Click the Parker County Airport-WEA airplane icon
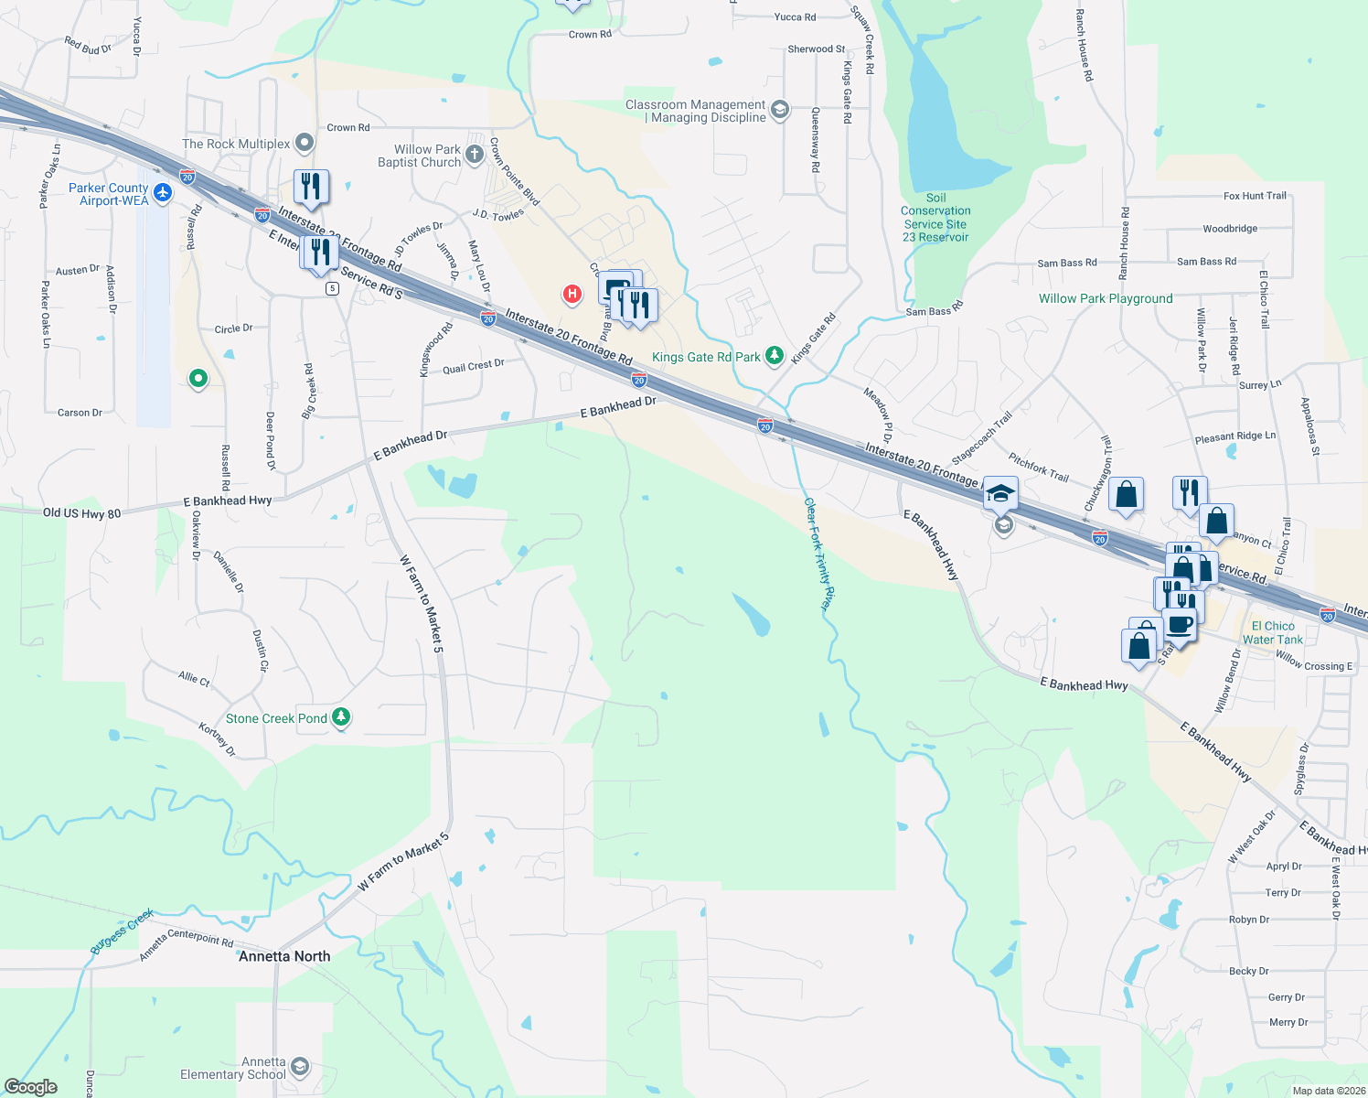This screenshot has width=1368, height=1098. click(163, 192)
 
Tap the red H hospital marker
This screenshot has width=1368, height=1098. click(572, 294)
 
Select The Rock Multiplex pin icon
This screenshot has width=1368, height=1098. click(305, 143)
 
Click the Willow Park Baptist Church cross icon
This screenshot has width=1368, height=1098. click(475, 154)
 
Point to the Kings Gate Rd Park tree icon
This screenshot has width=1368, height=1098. click(775, 355)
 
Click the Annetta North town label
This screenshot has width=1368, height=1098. click(284, 956)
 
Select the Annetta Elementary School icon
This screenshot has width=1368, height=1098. click(299, 1067)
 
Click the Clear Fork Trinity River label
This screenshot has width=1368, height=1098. click(819, 554)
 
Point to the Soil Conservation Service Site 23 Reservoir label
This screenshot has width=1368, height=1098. click(935, 218)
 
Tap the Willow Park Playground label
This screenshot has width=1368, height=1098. click(1105, 298)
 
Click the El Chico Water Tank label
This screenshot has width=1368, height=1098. click(1273, 633)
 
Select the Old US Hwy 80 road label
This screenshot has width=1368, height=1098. click(81, 513)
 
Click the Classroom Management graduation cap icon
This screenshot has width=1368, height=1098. click(780, 111)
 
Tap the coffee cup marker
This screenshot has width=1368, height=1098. click(1180, 625)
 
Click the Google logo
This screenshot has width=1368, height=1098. click(31, 1087)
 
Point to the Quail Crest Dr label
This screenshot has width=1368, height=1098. click(473, 366)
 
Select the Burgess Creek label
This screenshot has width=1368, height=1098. click(122, 931)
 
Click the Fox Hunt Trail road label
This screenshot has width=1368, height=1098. click(1255, 196)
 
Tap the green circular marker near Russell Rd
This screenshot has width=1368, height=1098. click(198, 378)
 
